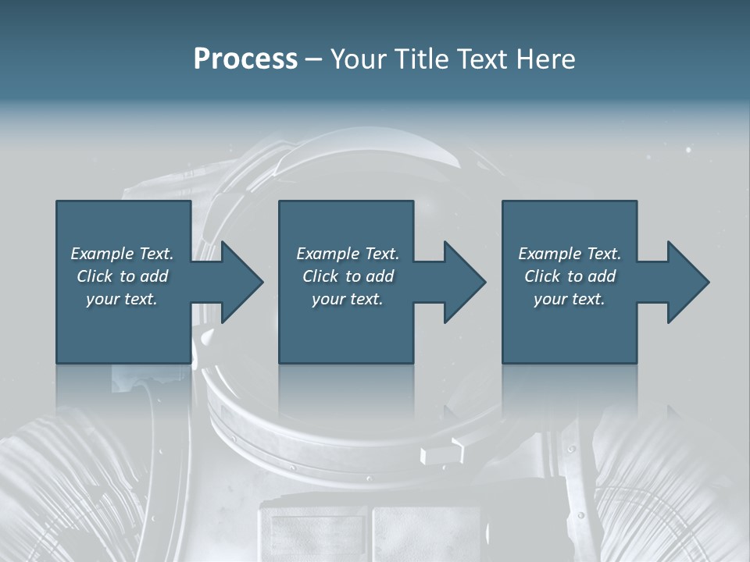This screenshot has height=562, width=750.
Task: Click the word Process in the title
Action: tap(245, 59)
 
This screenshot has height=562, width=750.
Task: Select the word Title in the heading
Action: tap(420, 59)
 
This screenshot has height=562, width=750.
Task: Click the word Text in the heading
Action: tap(480, 59)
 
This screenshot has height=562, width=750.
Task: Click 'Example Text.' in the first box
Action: tap(122, 254)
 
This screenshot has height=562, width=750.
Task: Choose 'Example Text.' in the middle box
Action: tap(348, 254)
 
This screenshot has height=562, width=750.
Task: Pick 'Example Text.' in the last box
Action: tap(570, 254)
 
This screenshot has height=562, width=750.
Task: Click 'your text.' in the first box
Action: tap(122, 299)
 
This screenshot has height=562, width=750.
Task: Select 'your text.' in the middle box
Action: tap(348, 299)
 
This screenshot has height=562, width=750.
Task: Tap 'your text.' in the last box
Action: tap(570, 299)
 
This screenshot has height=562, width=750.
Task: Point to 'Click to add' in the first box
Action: tap(122, 276)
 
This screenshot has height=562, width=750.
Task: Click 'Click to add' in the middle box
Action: tap(348, 276)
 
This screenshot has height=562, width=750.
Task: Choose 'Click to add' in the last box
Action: tap(570, 276)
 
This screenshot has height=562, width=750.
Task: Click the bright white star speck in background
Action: tap(688, 149)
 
